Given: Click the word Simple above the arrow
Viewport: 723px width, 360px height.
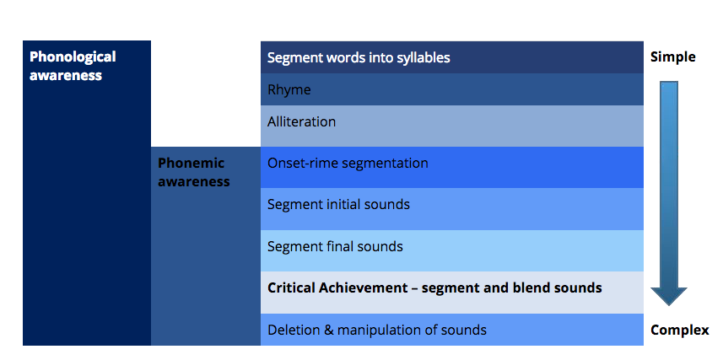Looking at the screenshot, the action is click(x=672, y=57).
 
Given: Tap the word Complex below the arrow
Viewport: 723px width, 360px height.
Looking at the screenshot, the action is click(x=680, y=330).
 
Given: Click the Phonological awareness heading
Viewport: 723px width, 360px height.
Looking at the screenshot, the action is click(x=73, y=66).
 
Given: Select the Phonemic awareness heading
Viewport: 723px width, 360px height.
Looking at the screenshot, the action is click(x=194, y=172).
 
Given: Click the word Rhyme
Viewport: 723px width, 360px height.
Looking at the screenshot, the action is click(x=289, y=90).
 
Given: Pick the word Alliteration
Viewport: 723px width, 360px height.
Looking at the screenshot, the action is click(x=301, y=121).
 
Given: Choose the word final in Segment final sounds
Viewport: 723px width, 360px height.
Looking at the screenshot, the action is click(x=338, y=247).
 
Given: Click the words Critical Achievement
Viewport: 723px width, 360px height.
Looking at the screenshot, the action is click(x=337, y=288).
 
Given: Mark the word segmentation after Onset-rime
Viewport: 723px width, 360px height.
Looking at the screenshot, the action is click(x=382, y=164).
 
